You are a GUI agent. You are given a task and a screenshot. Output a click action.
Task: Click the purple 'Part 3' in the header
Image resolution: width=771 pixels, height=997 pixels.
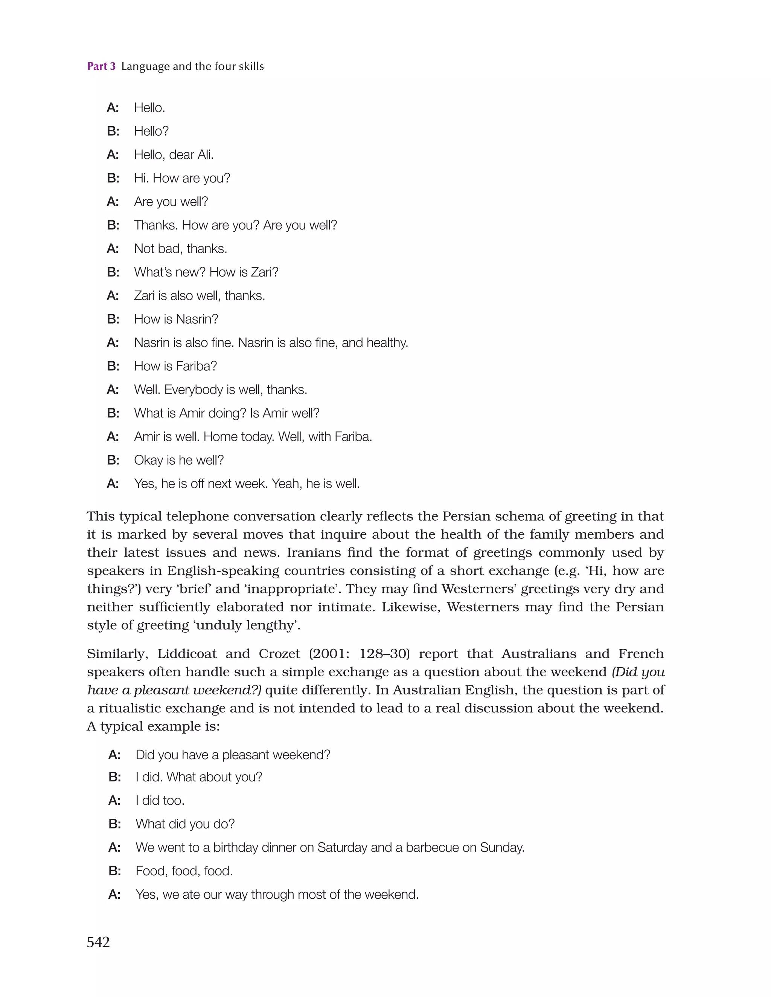pos(101,67)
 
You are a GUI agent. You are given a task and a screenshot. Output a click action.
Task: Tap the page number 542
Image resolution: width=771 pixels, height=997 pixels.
pos(98,942)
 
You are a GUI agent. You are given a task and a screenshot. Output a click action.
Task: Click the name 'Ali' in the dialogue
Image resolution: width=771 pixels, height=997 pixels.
pos(205,155)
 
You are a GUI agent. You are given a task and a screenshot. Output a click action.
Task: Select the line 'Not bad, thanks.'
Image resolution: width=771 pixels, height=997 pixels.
pos(180,249)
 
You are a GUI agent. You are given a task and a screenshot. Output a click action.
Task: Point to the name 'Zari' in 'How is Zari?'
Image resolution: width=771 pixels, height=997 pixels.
pos(264,272)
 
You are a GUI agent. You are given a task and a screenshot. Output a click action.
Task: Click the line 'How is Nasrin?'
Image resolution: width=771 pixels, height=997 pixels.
pos(176,319)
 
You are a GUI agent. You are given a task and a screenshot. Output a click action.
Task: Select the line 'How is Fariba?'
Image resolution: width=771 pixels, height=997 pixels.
pos(175,366)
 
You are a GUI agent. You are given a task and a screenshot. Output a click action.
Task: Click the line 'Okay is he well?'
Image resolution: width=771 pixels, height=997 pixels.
pos(179,460)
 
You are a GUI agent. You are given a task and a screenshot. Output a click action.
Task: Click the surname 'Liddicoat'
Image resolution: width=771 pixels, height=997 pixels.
pos(187,654)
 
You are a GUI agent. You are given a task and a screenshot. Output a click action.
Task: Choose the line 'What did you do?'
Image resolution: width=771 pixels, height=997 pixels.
pos(185,824)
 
